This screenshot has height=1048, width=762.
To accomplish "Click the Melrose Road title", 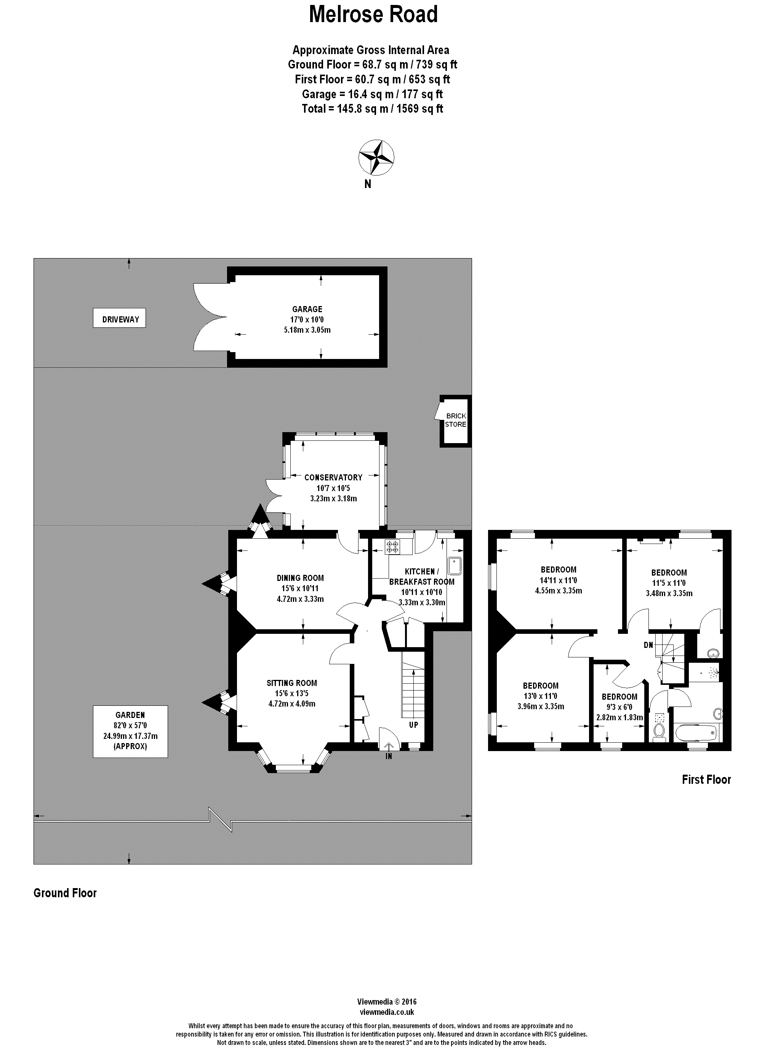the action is tap(373, 14).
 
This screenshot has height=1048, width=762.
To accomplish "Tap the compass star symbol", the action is tap(376, 157).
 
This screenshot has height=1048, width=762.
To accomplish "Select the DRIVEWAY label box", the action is tap(119, 319).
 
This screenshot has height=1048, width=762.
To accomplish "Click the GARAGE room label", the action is tap(307, 309).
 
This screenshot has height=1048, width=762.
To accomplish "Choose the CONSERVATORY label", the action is tap(333, 477).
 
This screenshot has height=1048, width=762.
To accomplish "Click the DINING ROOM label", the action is tap(300, 577).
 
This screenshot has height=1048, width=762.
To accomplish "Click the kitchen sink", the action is tap(455, 566).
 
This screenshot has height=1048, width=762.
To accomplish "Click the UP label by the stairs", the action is tap(413, 725).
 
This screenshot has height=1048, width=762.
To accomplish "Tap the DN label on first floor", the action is tap(648, 644).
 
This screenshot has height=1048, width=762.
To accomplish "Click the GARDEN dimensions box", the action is tap(130, 731).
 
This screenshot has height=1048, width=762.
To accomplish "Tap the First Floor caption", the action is tap(706, 780).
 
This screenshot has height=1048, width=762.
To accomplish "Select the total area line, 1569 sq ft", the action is tap(372, 108).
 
